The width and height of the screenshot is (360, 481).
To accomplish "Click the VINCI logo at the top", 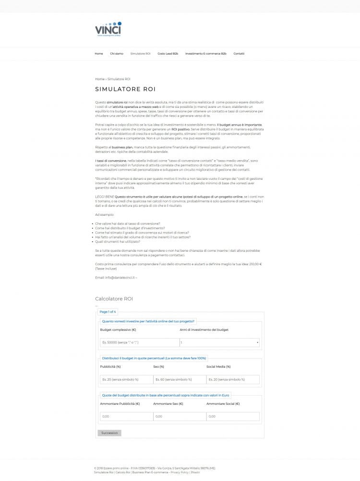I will (108, 29).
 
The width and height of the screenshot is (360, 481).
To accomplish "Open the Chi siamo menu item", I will (117, 54).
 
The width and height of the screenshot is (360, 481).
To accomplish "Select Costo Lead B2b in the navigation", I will (168, 54).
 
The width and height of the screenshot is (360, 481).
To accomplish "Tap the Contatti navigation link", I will (239, 54).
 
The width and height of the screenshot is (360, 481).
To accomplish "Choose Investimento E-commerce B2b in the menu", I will (205, 54).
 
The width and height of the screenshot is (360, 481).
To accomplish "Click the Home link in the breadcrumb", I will (99, 79).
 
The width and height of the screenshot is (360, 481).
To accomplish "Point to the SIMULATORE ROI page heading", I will (125, 89).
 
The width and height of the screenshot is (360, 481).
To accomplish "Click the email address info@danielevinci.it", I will (115, 278).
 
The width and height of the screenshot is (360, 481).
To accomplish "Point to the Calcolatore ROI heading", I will (114, 299).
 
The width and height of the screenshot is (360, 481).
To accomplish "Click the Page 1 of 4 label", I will (108, 312).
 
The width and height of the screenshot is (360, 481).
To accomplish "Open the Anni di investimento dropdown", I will (219, 342).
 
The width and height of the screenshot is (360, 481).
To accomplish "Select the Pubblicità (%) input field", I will (126, 379).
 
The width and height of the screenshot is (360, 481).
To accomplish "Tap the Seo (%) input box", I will (180, 379).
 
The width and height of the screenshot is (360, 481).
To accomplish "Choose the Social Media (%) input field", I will (233, 379).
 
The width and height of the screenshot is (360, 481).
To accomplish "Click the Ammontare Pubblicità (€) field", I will (126, 416).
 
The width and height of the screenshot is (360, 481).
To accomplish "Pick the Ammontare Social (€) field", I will (233, 416).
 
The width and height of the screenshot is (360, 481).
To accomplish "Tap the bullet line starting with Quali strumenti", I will (118, 242).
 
